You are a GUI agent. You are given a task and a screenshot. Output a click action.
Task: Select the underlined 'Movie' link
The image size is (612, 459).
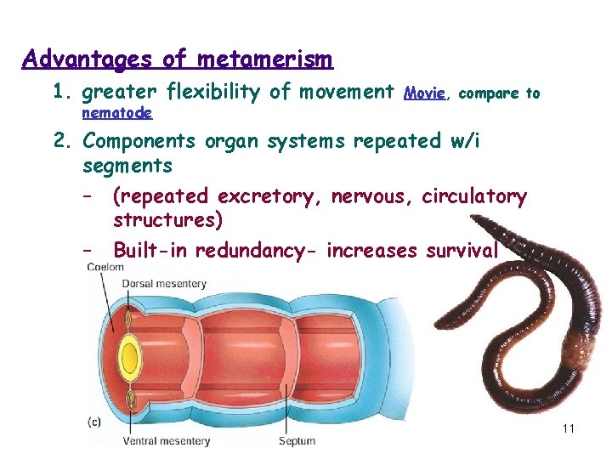point(425,93)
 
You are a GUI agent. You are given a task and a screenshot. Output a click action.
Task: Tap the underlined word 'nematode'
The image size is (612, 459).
point(117,112)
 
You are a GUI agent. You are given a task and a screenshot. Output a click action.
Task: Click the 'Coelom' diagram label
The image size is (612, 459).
point(106,268)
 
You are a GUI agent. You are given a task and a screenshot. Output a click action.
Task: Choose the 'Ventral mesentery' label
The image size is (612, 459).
point(167,441)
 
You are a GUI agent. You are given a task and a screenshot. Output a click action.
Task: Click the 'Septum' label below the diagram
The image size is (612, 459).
point(297,441)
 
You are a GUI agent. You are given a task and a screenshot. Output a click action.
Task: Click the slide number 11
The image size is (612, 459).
point(569,428)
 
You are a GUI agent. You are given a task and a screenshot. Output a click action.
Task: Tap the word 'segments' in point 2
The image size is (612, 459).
point(127,165)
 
